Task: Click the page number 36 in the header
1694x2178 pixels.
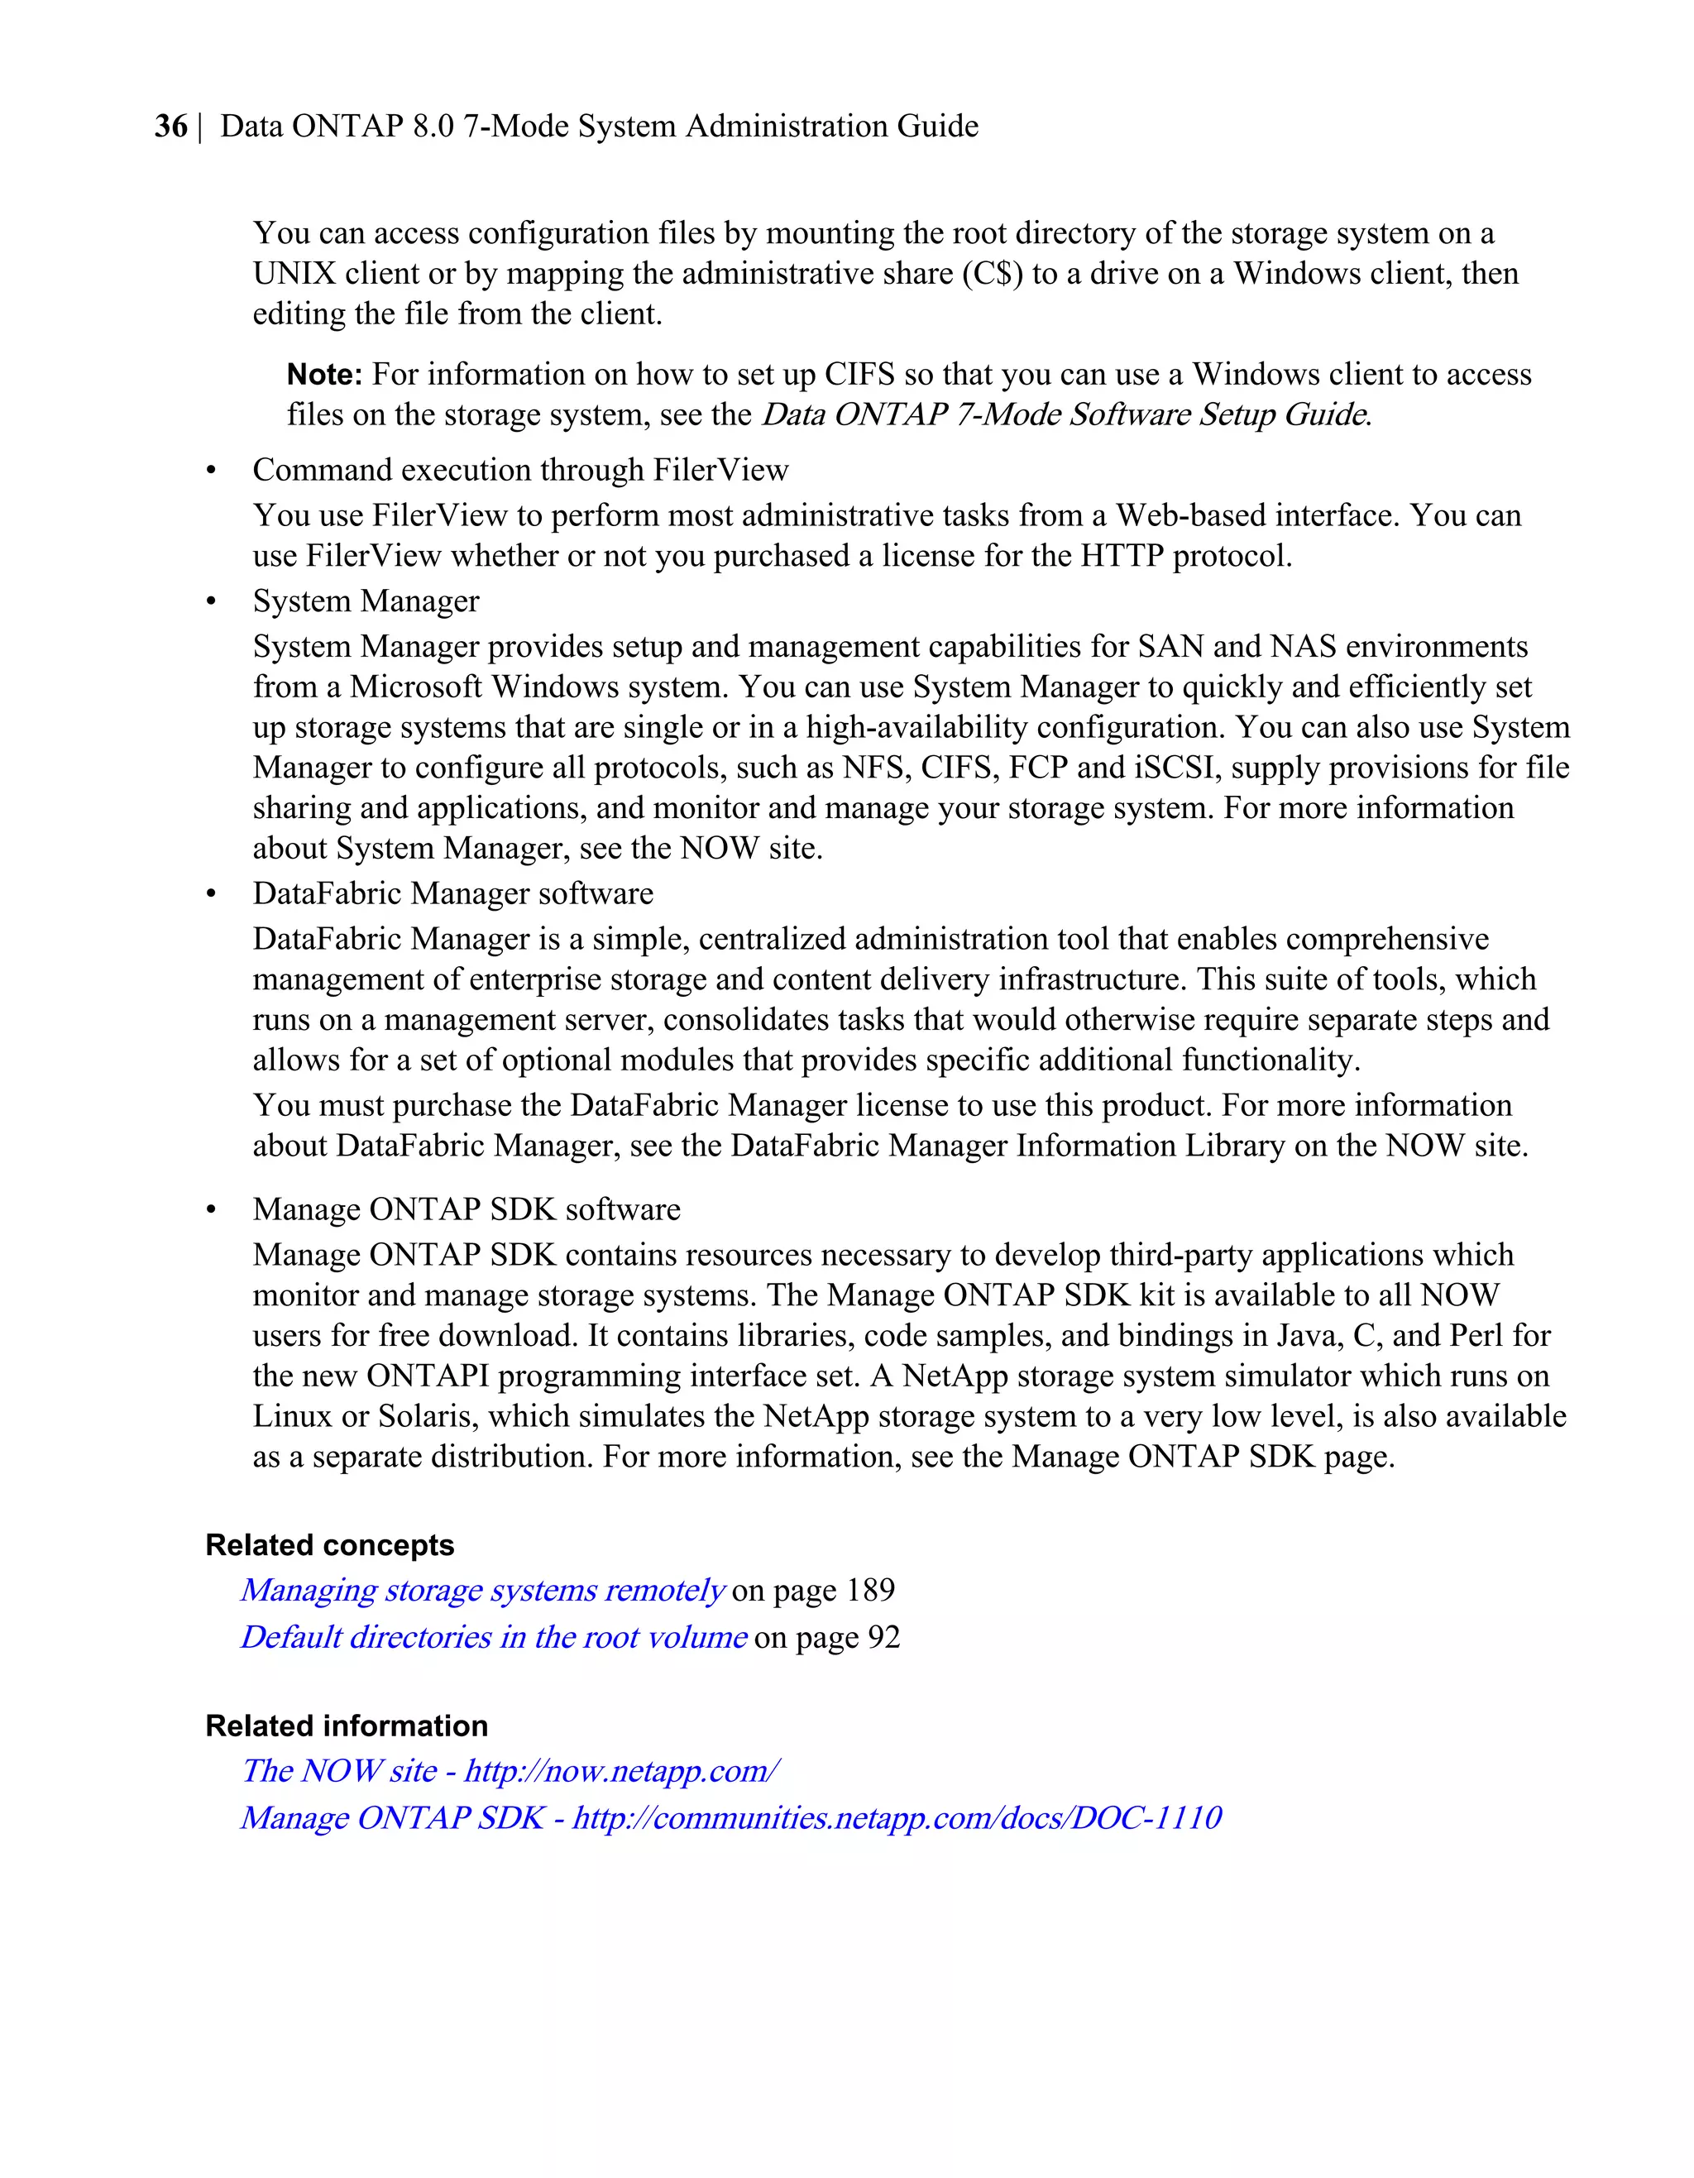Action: pos(170,127)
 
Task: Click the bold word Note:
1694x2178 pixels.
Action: pos(324,375)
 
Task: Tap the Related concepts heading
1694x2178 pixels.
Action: pos(329,1544)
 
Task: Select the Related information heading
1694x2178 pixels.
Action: pos(346,1726)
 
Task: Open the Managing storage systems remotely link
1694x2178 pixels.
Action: pos(482,1590)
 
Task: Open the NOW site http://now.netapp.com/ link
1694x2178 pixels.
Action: pos(510,1770)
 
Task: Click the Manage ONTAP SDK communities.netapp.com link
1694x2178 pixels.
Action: pos(731,1817)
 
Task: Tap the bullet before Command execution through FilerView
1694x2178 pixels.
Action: pos(210,471)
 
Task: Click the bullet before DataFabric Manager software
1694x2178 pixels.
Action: pos(210,894)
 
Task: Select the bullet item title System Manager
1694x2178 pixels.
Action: pos(365,601)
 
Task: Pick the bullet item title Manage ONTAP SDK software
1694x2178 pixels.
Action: pos(466,1209)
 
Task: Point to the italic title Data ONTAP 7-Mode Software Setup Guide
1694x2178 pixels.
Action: pos(1064,414)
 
